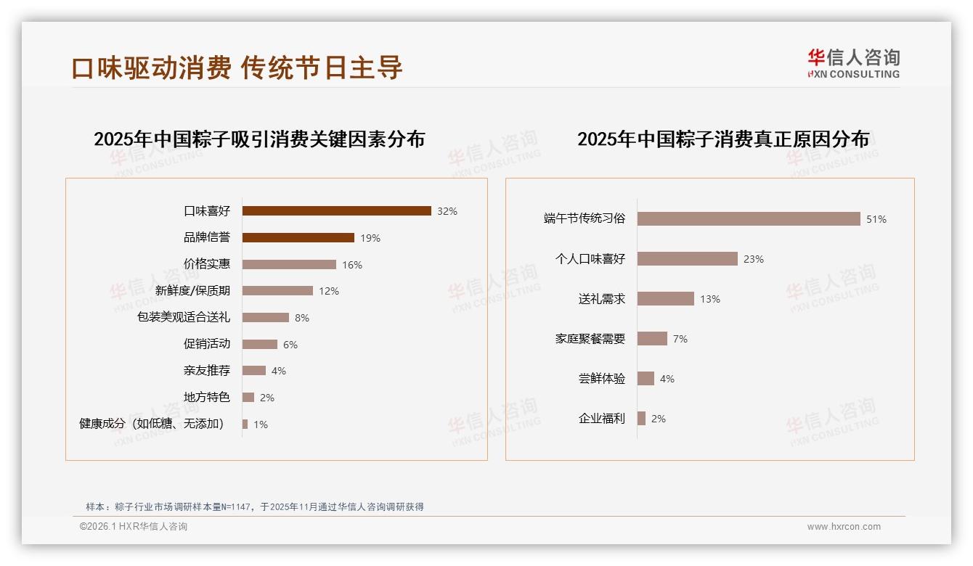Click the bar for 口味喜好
click(x=336, y=211)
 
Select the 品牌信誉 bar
click(x=298, y=238)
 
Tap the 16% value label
click(x=352, y=265)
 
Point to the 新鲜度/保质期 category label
click(x=192, y=291)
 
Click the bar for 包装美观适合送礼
click(x=265, y=318)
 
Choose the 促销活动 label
click(x=206, y=344)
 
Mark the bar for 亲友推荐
click(x=253, y=371)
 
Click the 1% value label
click(x=261, y=424)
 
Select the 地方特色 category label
click(x=206, y=398)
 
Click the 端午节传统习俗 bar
click(x=749, y=219)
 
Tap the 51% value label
click(x=876, y=219)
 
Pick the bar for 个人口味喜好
click(x=687, y=259)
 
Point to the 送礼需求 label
click(x=601, y=299)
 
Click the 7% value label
click(x=680, y=339)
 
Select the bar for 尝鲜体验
click(x=646, y=379)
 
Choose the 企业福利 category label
click(x=601, y=419)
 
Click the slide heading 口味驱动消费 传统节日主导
click(x=237, y=67)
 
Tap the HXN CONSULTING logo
click(x=853, y=64)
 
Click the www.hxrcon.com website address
click(x=844, y=527)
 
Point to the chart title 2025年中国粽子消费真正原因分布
click(x=722, y=139)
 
